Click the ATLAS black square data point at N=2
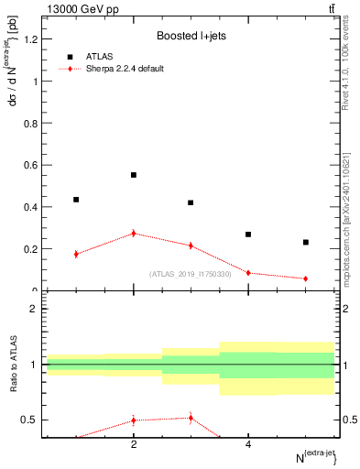tap(134, 175)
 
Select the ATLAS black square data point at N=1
tap(76, 200)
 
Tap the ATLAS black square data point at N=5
tap(306, 243)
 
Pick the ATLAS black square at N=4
tap(248, 234)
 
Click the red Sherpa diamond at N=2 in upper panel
tap(134, 234)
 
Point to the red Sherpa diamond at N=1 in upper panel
tap(76, 254)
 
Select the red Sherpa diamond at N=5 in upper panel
tap(306, 278)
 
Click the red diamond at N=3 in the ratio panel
tap(191, 418)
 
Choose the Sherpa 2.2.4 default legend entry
tap(126, 69)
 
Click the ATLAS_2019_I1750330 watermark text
tap(191, 274)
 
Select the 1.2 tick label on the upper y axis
tap(32, 39)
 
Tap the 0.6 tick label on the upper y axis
tap(32, 165)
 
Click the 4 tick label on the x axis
tap(248, 445)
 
